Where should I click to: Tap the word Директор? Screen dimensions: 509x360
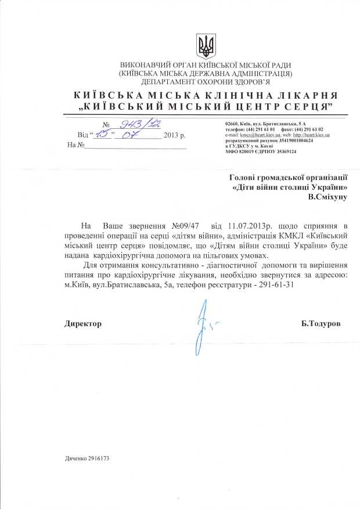coord(82,324)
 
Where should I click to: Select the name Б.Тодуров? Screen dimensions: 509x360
coord(321,324)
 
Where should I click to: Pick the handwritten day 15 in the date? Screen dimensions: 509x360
coord(103,135)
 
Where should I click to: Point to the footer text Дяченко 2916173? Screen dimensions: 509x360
coord(87,459)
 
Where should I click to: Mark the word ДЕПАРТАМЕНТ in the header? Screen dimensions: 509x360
coord(145,82)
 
